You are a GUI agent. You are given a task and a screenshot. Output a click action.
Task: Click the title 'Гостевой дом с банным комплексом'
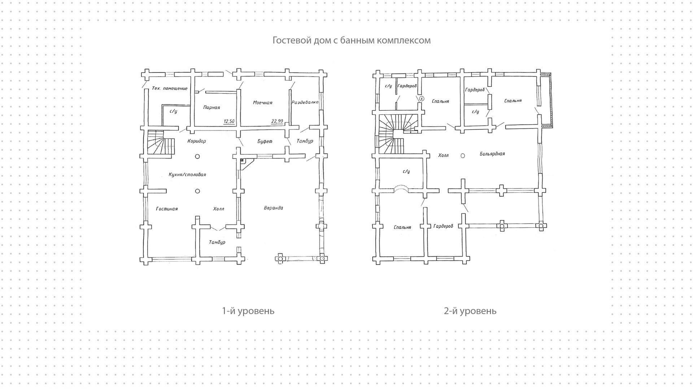(x=351, y=40)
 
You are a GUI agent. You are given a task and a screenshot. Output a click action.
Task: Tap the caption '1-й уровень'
(x=248, y=311)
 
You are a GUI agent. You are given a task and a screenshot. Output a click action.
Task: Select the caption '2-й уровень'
(x=470, y=311)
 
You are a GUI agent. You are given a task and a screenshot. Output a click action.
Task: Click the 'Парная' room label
(x=212, y=108)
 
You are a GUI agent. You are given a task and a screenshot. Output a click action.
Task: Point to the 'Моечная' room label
(x=262, y=103)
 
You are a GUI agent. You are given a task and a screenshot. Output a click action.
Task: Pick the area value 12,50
(x=229, y=121)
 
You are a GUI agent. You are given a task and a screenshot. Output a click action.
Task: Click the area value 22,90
(x=277, y=121)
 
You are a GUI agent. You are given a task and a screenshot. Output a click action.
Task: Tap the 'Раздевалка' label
(x=305, y=102)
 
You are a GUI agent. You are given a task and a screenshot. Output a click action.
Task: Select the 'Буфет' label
(x=265, y=141)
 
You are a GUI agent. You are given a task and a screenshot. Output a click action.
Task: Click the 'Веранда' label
(x=273, y=208)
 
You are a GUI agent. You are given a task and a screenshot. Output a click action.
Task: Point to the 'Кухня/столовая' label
(x=187, y=175)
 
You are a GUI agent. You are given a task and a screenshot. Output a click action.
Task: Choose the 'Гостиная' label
(x=167, y=209)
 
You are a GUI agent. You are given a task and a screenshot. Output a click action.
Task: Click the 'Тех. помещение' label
(x=170, y=88)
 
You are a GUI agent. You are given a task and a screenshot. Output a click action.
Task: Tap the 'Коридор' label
(x=197, y=141)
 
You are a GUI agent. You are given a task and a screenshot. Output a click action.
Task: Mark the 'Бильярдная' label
(x=492, y=154)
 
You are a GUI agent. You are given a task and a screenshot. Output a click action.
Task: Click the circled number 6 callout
(x=422, y=99)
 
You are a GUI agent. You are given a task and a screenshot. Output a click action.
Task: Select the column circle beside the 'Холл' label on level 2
(x=463, y=156)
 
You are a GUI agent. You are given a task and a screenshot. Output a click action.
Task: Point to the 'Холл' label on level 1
(x=218, y=209)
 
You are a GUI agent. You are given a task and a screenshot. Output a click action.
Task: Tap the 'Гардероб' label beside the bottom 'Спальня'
(x=443, y=226)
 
